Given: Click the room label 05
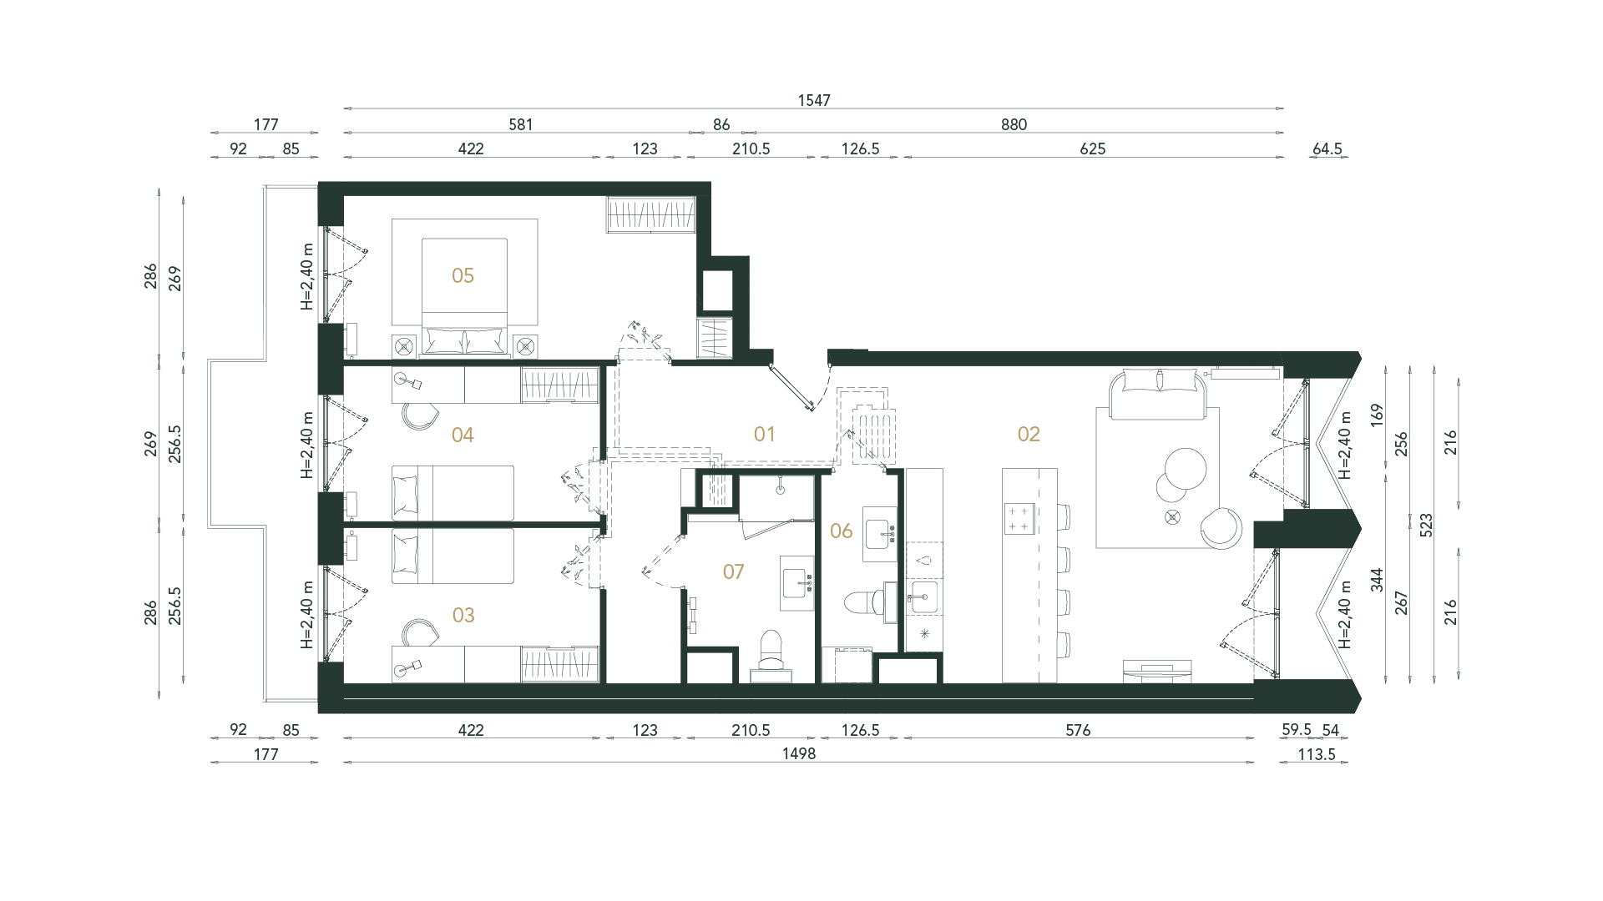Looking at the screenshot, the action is pyautogui.click(x=463, y=276).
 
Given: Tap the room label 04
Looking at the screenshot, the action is pyautogui.click(x=463, y=435).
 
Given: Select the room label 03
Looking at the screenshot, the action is pyautogui.click(x=463, y=616).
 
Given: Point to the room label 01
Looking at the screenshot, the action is pyautogui.click(x=764, y=434).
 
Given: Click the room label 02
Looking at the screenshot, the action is pyautogui.click(x=1029, y=434).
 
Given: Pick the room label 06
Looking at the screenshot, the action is pyautogui.click(x=841, y=531).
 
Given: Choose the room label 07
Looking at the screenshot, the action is pyautogui.click(x=733, y=572).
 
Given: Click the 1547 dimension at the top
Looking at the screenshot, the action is pyautogui.click(x=814, y=100).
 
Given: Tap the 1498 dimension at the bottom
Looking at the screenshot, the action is pyautogui.click(x=798, y=754).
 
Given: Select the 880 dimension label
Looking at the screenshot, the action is pyautogui.click(x=1014, y=124).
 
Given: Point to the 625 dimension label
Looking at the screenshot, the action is pyautogui.click(x=1092, y=149).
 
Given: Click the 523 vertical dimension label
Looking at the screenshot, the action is pyautogui.click(x=1426, y=524).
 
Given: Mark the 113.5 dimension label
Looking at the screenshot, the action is pyautogui.click(x=1317, y=754).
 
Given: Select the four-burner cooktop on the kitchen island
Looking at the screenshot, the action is pyautogui.click(x=1019, y=518).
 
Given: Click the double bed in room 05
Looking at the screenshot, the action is pyautogui.click(x=464, y=288).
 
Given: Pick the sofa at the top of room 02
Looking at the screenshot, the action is pyautogui.click(x=1156, y=392).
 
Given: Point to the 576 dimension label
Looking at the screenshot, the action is pyautogui.click(x=1078, y=730).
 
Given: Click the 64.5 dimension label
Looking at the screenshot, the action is pyautogui.click(x=1327, y=149).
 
